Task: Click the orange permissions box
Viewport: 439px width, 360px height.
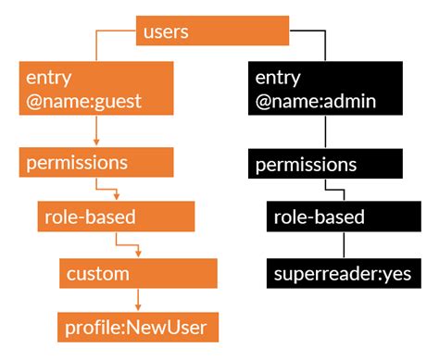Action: tap(95, 162)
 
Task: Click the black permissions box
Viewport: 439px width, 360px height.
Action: tap(326, 165)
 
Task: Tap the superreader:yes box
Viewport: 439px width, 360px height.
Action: tap(343, 274)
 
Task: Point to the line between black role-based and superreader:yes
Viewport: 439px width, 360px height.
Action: tap(344, 246)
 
